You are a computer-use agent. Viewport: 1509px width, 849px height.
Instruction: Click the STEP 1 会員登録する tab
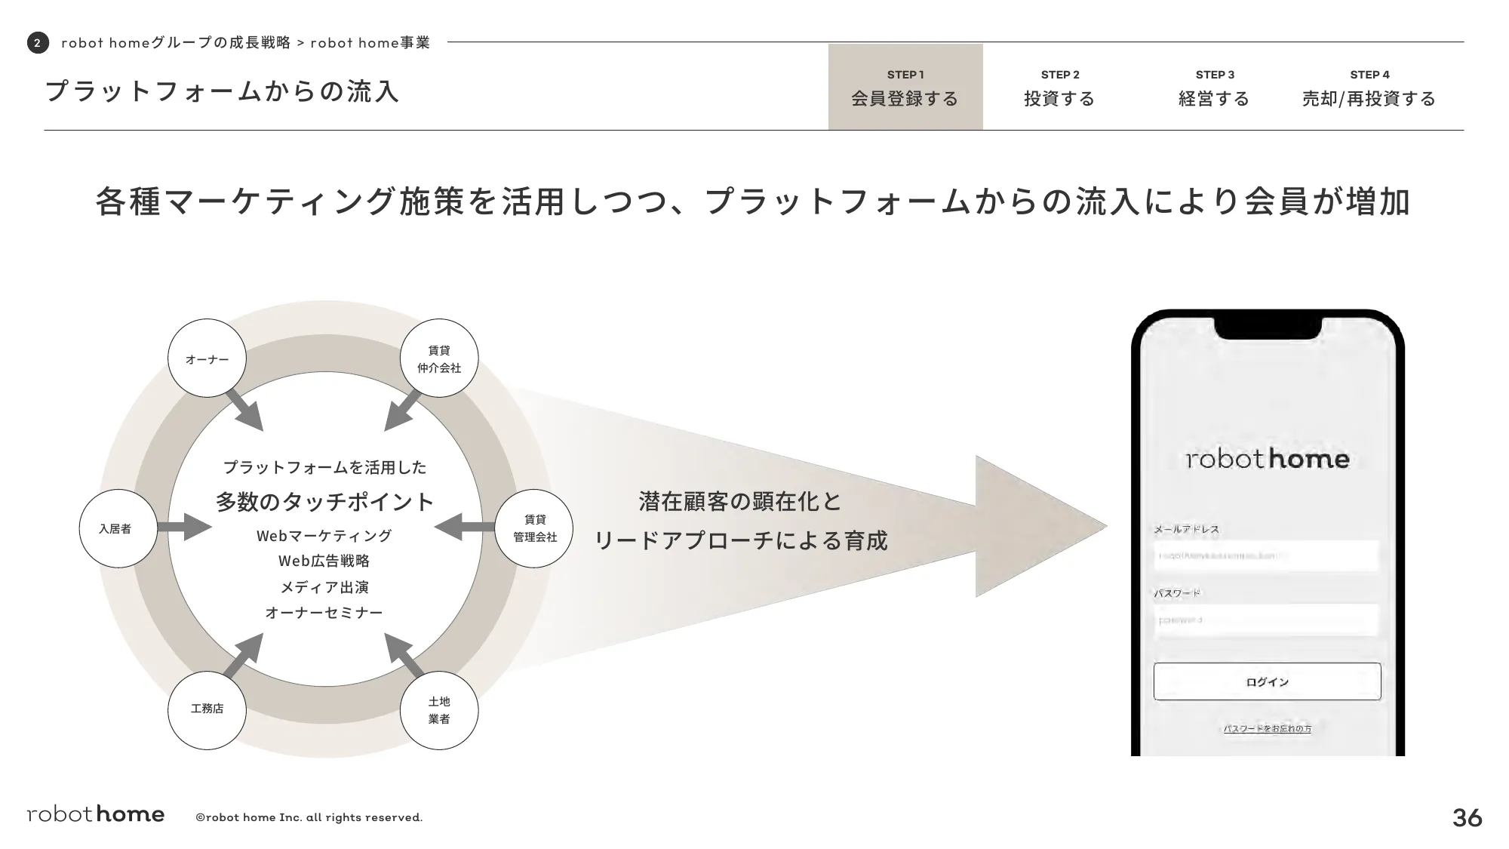click(905, 88)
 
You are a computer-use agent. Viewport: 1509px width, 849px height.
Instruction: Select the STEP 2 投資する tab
click(1059, 88)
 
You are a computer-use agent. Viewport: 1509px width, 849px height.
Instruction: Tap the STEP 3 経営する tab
click(1214, 88)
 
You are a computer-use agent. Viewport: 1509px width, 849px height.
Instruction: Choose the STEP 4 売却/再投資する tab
click(1369, 88)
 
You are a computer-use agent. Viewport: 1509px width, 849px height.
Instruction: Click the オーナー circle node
click(207, 358)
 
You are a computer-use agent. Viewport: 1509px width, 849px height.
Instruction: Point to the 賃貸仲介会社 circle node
click(439, 358)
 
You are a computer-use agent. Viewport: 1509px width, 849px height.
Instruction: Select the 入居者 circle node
click(118, 528)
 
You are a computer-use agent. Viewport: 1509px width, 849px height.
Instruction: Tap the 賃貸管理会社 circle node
click(534, 528)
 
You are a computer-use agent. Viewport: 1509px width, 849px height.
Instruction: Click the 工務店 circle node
click(207, 709)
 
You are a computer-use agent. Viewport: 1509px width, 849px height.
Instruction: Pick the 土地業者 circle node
click(439, 710)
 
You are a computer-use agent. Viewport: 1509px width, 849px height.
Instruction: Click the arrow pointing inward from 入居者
click(184, 527)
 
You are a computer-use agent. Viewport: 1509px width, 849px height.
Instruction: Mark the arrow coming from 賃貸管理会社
click(464, 527)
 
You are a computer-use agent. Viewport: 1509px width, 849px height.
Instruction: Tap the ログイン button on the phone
click(1267, 681)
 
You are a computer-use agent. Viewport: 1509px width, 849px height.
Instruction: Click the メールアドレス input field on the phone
click(1267, 555)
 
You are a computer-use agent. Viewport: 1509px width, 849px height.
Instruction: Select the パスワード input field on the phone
click(1267, 620)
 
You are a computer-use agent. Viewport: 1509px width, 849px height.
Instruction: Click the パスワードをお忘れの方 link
click(1267, 728)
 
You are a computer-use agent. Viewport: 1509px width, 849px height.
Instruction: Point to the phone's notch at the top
click(1268, 326)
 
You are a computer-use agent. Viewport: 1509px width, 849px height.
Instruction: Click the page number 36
click(1467, 817)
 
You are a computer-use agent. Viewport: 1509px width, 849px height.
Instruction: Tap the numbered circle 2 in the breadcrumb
click(38, 43)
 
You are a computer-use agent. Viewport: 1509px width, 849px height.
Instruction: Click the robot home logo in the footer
click(96, 814)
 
